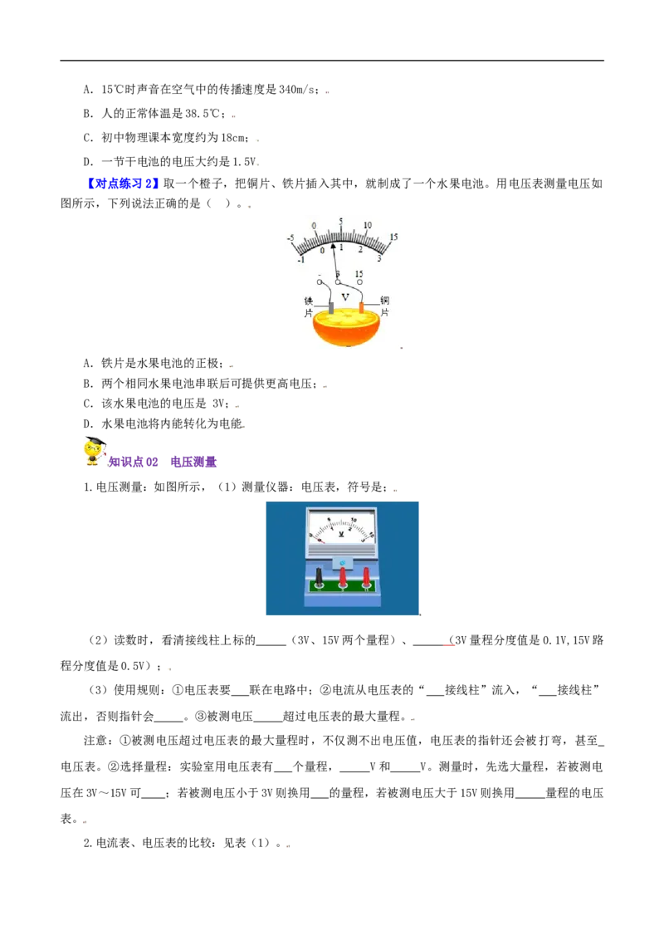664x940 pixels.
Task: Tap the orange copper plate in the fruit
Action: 361,307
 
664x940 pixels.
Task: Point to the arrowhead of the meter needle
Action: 334,245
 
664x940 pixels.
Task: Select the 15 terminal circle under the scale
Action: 359,282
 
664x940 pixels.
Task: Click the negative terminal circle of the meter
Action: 320,282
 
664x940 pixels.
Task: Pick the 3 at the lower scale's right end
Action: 379,259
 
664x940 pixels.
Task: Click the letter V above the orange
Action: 345,296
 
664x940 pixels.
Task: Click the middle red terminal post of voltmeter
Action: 343,577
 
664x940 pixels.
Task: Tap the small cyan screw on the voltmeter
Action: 342,562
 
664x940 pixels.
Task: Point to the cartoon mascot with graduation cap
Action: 94,452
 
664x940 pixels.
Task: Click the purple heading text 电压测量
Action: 193,462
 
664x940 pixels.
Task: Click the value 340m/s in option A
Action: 296,90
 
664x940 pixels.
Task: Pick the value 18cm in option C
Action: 233,137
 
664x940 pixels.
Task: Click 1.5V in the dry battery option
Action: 244,161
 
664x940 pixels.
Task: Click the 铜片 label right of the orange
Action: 385,306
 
